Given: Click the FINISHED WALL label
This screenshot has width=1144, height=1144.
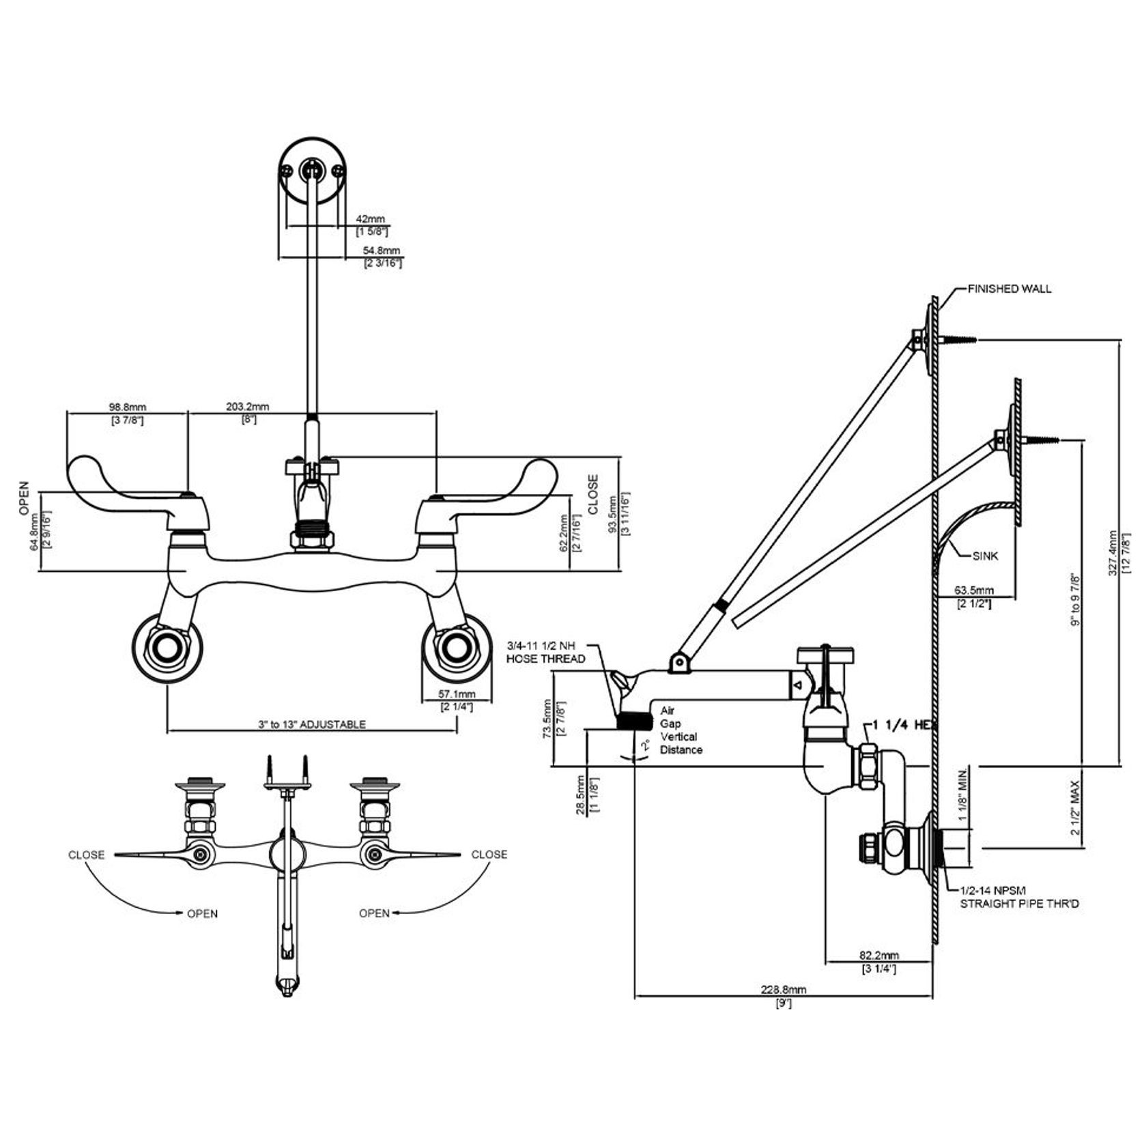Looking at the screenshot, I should point(1009,289).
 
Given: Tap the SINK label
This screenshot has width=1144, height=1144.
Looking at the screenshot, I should point(985,556).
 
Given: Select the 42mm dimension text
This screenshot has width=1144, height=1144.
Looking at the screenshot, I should point(371,220).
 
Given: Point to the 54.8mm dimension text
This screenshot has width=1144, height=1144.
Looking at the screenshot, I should point(381,251).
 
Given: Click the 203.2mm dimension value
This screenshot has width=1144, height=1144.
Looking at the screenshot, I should point(247,407).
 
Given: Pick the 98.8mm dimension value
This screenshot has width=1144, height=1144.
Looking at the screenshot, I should point(126,407).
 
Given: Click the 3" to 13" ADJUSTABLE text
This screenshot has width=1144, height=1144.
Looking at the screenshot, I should point(311,724).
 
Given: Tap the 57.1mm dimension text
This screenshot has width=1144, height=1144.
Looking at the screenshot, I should point(456,694).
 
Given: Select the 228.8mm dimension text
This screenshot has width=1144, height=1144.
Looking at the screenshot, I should point(784,989).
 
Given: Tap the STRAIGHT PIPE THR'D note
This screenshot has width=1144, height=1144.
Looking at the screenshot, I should point(1019,904).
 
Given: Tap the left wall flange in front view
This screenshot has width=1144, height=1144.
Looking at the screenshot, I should point(166,648).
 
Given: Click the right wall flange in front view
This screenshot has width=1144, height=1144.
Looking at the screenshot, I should point(455,648).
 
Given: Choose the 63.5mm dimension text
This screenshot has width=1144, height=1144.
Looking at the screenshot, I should point(973,590).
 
